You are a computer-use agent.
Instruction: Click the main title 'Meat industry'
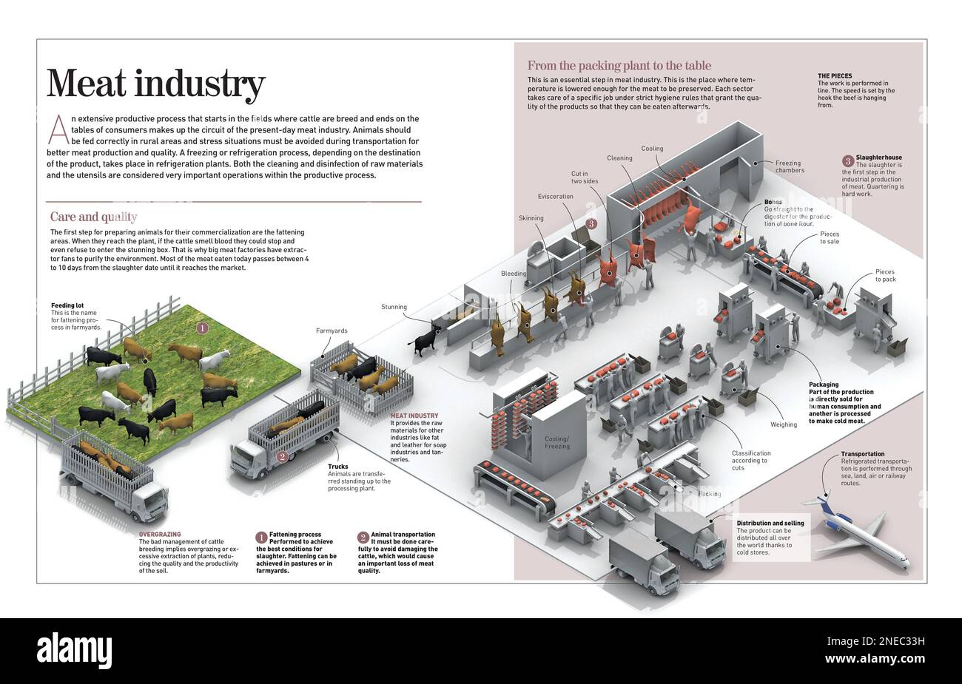[155, 84]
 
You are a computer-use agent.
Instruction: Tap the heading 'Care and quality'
[93, 217]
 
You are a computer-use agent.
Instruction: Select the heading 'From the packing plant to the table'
[619, 65]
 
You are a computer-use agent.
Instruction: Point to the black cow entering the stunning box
[425, 339]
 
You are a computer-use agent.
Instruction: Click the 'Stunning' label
[394, 307]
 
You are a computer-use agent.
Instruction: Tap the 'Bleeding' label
[514, 274]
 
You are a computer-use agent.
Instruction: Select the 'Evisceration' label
[555, 197]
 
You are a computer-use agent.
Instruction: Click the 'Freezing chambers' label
[790, 166]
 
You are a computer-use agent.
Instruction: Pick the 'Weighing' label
[784, 424]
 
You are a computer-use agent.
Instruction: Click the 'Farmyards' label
[331, 331]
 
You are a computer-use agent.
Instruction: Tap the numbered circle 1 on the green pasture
[202, 327]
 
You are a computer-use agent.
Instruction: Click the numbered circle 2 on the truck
[281, 457]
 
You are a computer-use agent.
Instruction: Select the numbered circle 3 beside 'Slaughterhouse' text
[847, 160]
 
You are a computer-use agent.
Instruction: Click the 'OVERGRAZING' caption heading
[159, 534]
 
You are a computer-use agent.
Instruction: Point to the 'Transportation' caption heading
[862, 454]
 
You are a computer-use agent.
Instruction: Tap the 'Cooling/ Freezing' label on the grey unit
[557, 442]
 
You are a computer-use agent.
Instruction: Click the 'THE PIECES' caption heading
[834, 76]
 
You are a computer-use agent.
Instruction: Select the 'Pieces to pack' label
[885, 276]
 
